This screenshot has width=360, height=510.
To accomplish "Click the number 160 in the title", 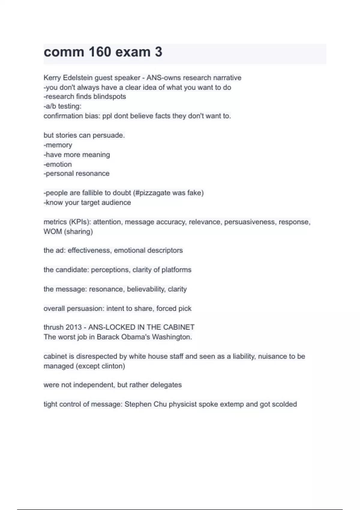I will point(100,52).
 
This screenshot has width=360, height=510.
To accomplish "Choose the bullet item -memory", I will point(58,145).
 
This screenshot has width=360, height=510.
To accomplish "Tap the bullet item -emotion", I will point(58,164).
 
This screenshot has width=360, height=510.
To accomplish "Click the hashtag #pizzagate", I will point(151,193).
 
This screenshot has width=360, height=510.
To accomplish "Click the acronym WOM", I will point(52,232).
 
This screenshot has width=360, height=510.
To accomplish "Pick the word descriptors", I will point(165,250).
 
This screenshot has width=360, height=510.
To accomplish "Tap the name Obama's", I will point(135,337).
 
